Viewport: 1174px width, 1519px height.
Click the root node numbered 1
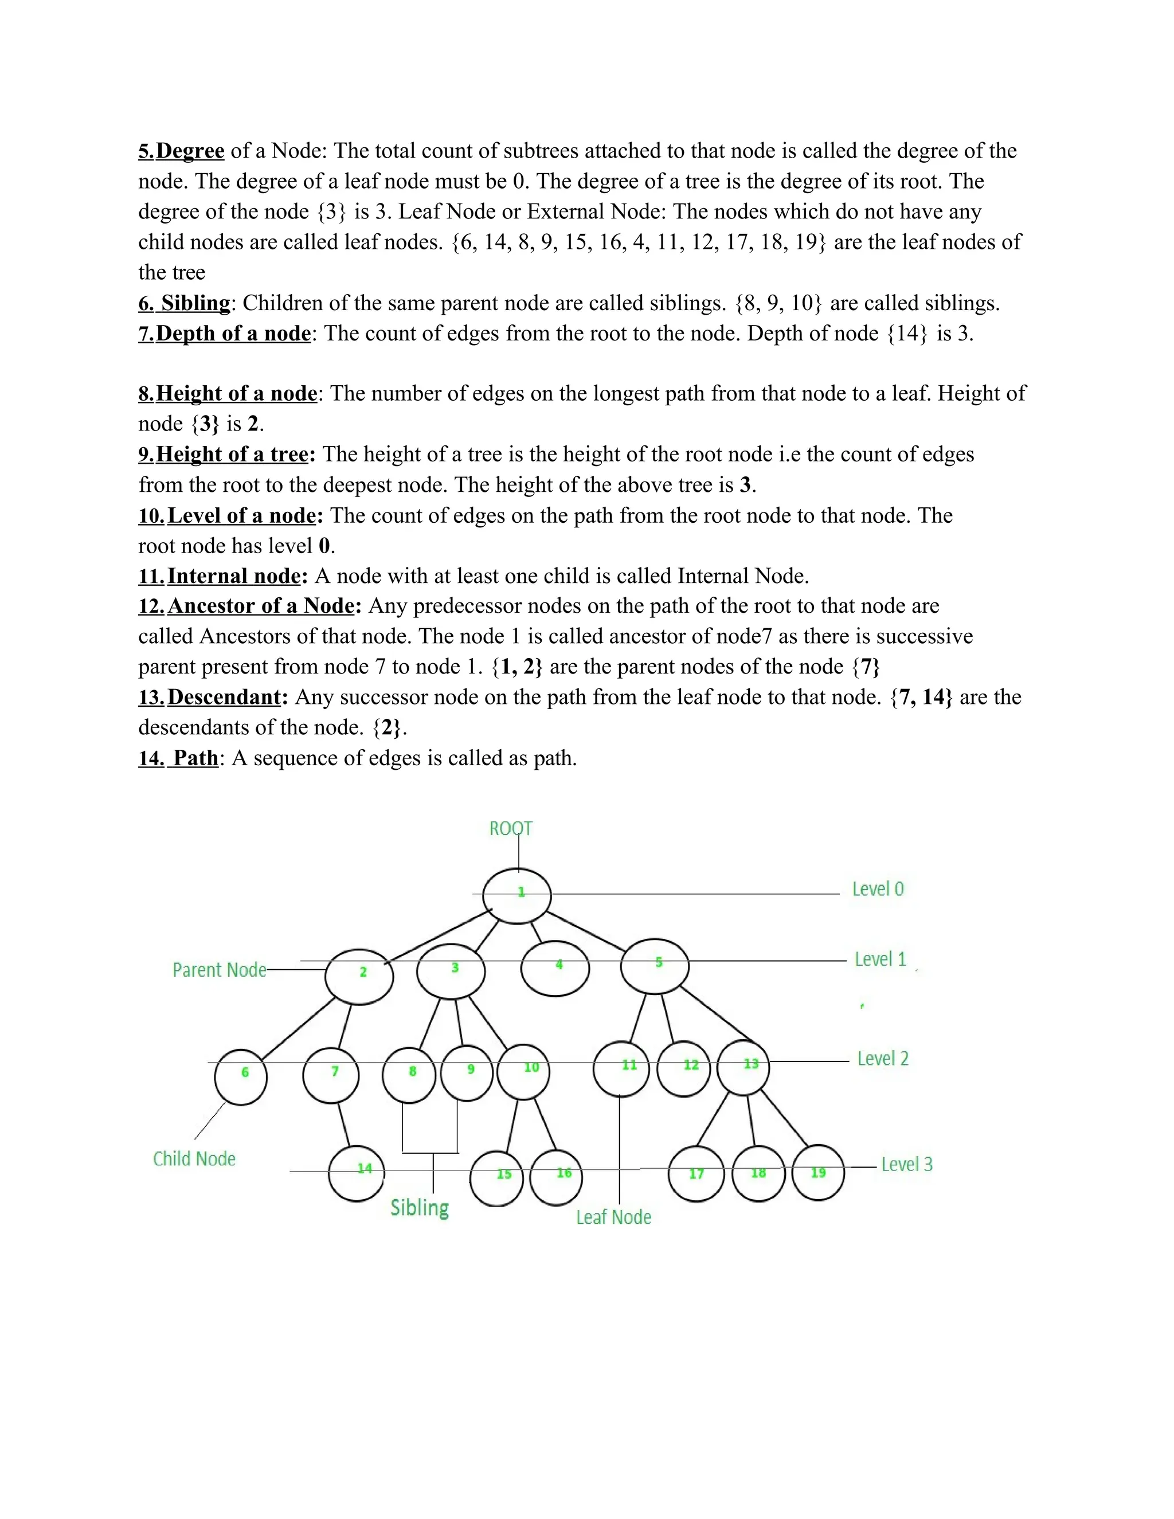tap(516, 896)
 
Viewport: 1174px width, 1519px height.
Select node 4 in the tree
tap(555, 968)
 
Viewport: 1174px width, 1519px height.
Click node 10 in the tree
tap(524, 1072)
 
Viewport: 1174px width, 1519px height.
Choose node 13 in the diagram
tap(743, 1068)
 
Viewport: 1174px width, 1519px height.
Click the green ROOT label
tap(511, 828)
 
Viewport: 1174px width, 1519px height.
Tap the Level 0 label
tap(878, 889)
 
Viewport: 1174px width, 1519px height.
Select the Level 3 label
tap(906, 1164)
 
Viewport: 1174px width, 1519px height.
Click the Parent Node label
tap(219, 969)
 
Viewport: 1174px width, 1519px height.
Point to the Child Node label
tap(194, 1158)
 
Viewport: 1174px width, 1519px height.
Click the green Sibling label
tap(420, 1207)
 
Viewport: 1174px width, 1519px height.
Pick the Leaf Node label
tap(613, 1216)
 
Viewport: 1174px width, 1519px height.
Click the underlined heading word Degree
tap(190, 151)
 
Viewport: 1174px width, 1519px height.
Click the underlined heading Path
tap(195, 757)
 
